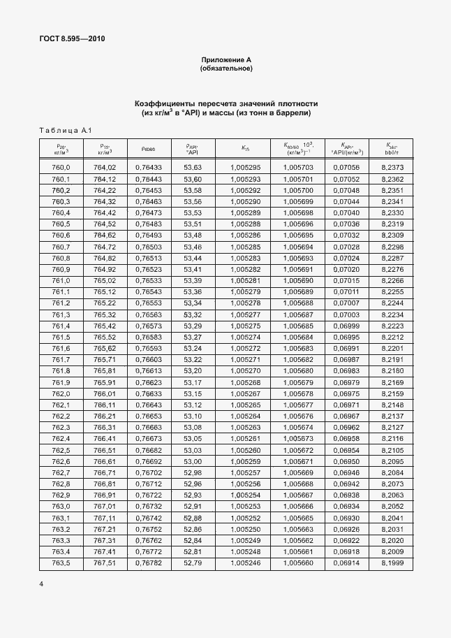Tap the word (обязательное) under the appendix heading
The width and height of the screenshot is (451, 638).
(225, 68)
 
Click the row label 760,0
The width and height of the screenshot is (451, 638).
(61, 168)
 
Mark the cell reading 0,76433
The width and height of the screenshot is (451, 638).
(147, 168)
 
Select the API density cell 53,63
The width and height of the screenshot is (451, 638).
(192, 168)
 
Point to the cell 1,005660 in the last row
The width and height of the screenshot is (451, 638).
(298, 562)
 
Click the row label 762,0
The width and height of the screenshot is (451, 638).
(61, 393)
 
